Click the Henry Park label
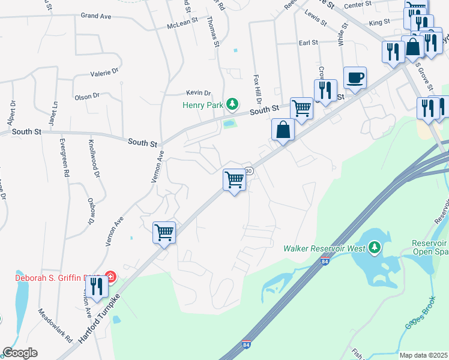coord(203,105)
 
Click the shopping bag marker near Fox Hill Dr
coord(283,130)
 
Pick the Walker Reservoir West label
coord(325,247)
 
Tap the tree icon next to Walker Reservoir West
coord(375,247)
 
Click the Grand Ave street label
coord(97,15)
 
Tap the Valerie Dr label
coord(104,73)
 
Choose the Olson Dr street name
coord(87,96)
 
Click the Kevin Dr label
coord(199,93)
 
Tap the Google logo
coord(20,353)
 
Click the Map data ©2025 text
coord(424,355)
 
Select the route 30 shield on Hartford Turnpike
coord(249,171)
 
